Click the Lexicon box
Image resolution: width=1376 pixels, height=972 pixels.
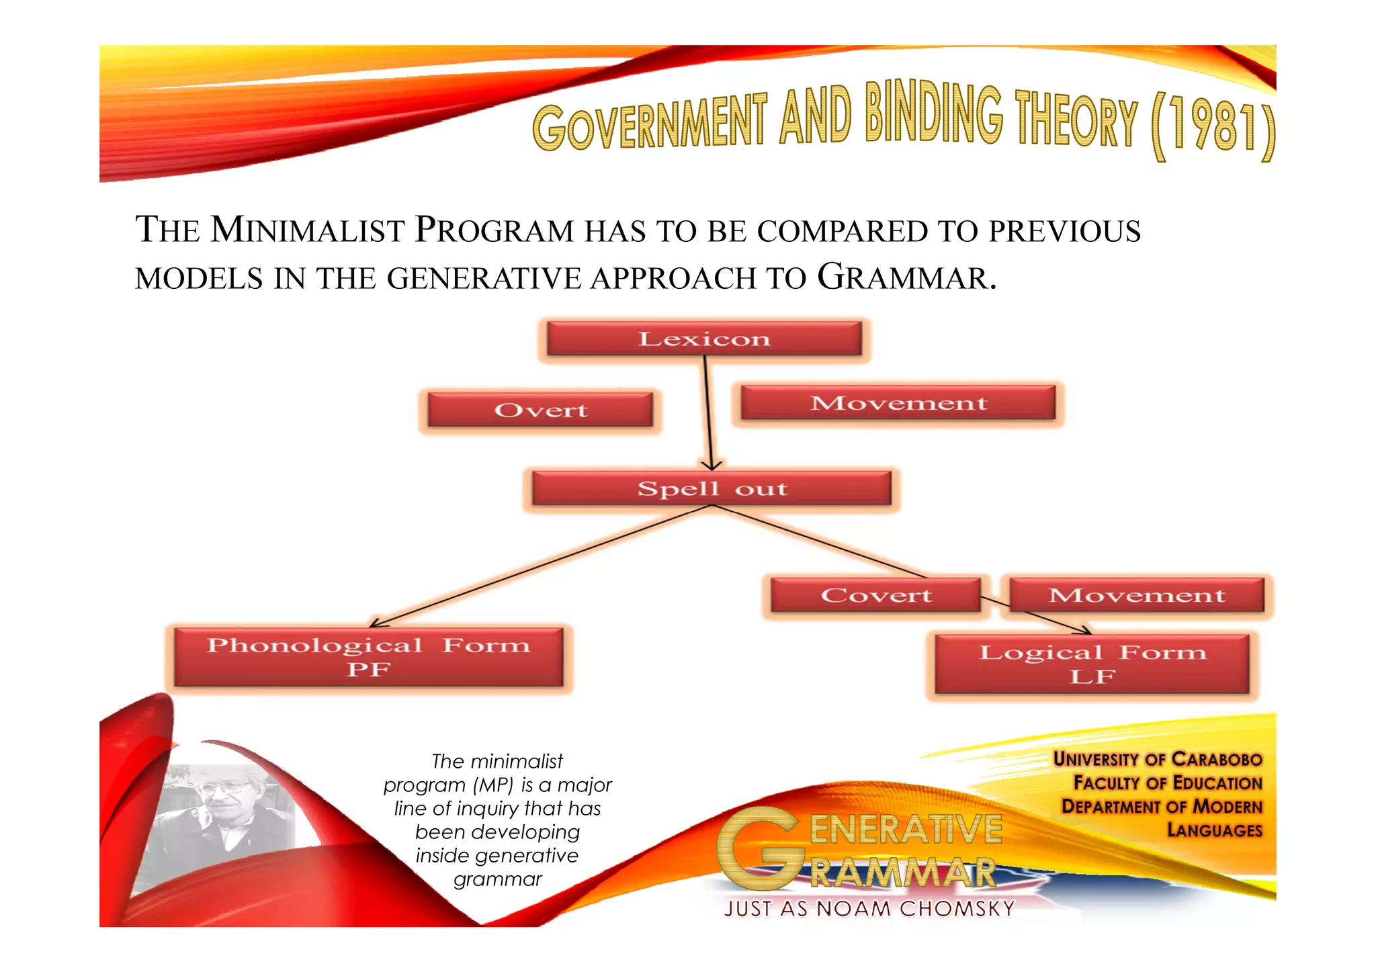point(703,339)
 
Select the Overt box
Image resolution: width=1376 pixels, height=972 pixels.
point(540,410)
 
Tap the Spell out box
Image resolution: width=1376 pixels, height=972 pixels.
point(712,488)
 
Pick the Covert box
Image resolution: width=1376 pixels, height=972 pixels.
point(875,595)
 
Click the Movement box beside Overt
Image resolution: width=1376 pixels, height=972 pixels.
point(898,403)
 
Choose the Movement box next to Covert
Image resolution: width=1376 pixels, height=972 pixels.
point(1137,595)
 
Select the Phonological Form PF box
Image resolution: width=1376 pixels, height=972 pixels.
point(368,657)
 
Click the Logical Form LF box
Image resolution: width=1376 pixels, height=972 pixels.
point(1092,664)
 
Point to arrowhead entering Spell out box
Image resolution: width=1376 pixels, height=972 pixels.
point(712,466)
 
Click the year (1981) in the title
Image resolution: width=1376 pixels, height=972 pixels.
point(1213,126)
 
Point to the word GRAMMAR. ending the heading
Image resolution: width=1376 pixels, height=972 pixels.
point(906,277)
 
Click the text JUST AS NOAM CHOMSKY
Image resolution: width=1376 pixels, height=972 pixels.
point(869,909)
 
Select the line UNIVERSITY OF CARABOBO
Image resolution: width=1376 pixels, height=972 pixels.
point(1157,759)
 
